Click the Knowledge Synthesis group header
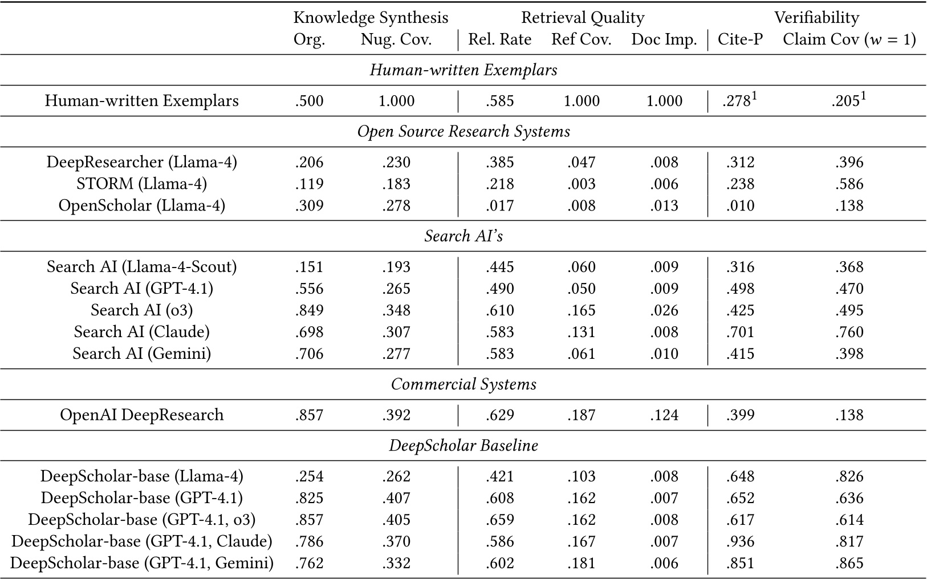(371, 18)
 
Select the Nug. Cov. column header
(396, 39)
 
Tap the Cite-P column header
(740, 39)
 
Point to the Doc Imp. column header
(664, 39)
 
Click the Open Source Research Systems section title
(464, 132)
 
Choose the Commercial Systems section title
(464, 384)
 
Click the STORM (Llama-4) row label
(141, 184)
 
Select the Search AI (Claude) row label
(141, 332)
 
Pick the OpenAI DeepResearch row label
(141, 415)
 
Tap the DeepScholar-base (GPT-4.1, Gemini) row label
(141, 564)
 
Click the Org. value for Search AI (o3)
(310, 311)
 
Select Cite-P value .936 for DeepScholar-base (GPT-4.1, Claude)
(740, 542)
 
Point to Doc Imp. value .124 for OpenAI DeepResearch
(664, 415)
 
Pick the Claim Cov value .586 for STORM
(849, 184)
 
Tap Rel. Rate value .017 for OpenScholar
(500, 206)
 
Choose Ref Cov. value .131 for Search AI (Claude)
(582, 332)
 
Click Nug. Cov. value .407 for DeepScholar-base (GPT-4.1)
(396, 499)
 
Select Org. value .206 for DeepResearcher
(310, 163)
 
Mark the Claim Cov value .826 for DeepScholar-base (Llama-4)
(849, 477)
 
